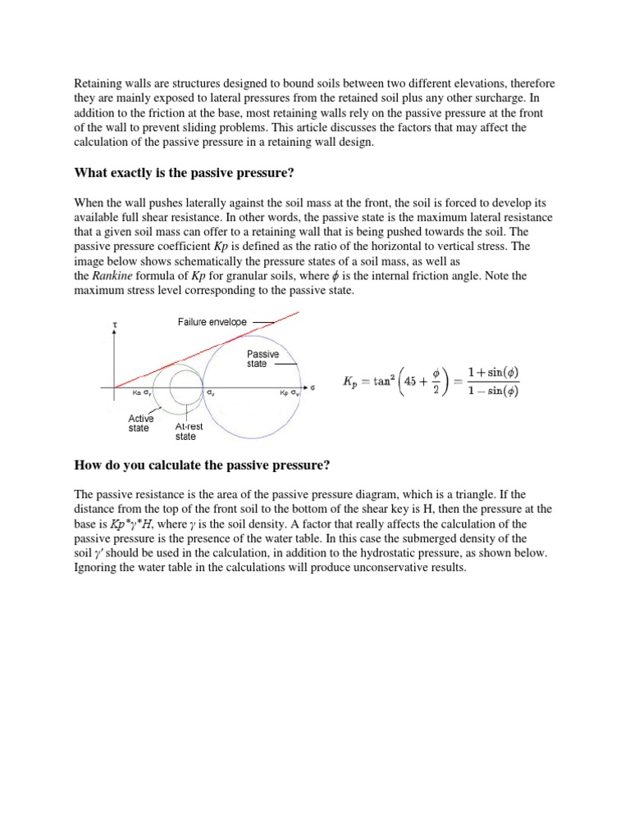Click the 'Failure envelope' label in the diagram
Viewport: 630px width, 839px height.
coord(212,322)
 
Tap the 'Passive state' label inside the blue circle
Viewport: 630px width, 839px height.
coord(262,359)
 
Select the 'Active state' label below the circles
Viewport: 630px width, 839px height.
coord(140,423)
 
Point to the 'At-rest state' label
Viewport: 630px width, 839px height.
coord(190,432)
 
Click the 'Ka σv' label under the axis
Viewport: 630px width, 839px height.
coord(142,393)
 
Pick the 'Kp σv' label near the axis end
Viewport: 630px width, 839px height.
coord(289,393)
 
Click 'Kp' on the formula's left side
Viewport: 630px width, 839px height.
coord(351,383)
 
